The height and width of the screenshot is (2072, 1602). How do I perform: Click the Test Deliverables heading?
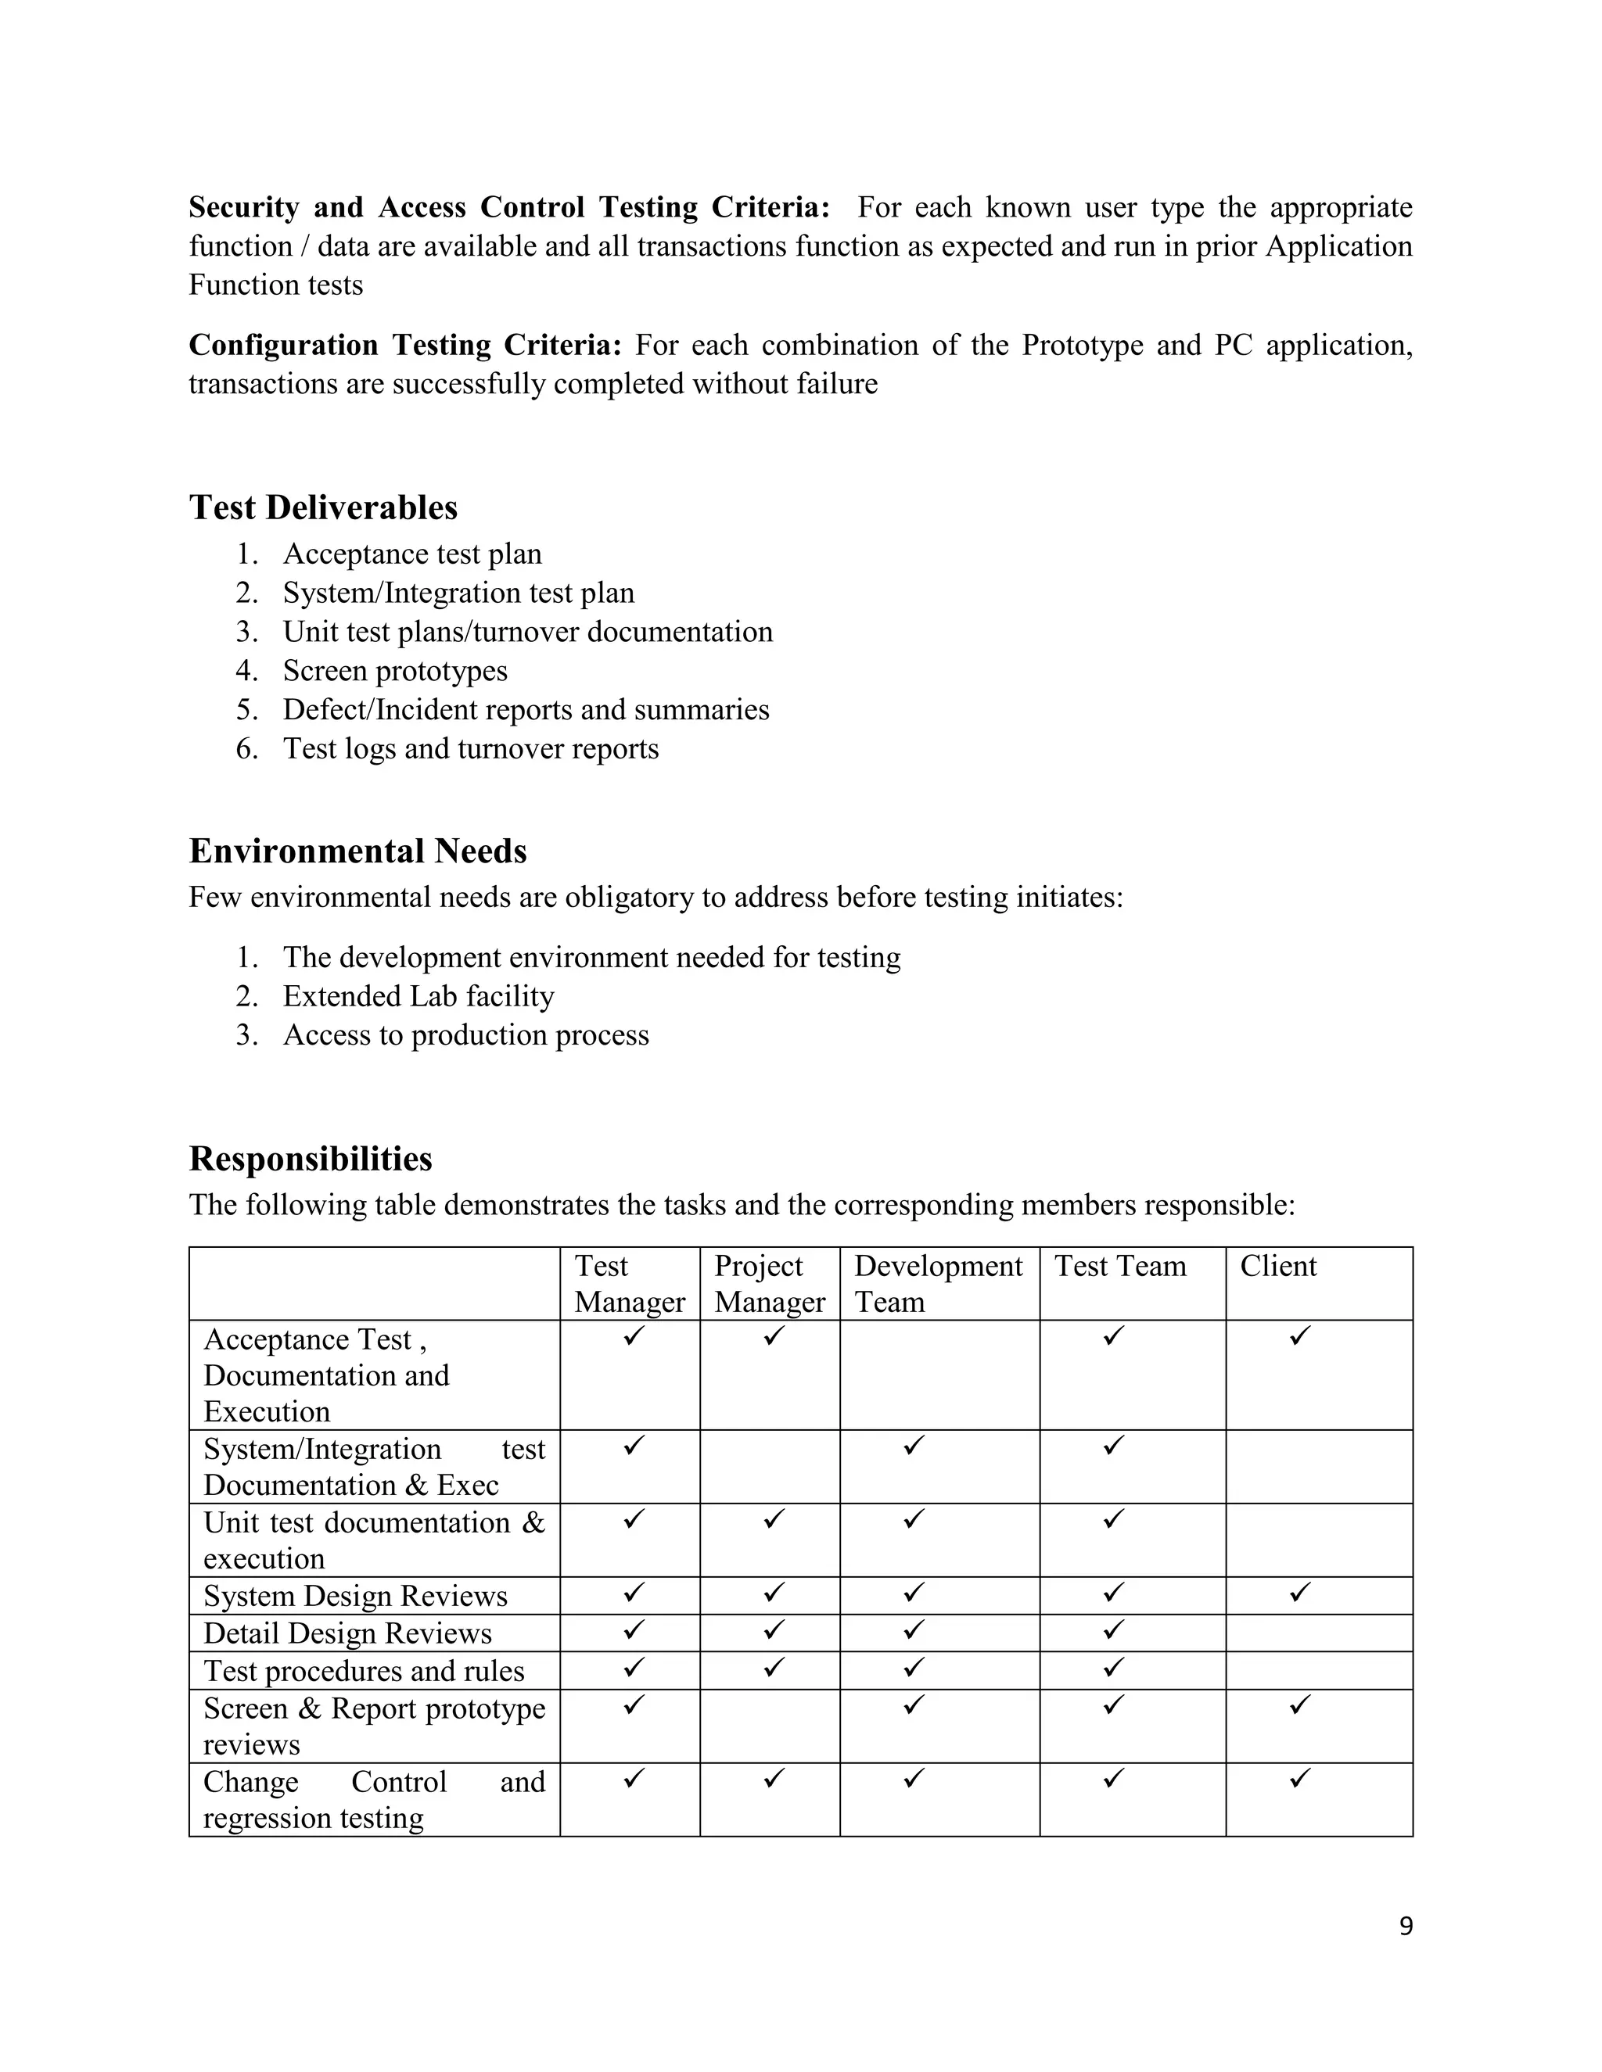pyautogui.click(x=323, y=507)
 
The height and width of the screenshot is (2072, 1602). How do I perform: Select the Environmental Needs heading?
pyautogui.click(x=357, y=851)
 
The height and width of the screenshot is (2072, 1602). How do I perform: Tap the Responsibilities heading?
pyautogui.click(x=311, y=1159)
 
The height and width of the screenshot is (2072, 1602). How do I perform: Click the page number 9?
pyautogui.click(x=1406, y=1926)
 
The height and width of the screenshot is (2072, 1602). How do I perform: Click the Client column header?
pyautogui.click(x=1277, y=1266)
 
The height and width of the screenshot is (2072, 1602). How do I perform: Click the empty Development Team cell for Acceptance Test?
pyautogui.click(x=939, y=1374)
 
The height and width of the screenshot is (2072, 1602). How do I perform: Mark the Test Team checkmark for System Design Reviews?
pyautogui.click(x=1113, y=1592)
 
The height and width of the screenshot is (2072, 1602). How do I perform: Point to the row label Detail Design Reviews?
pyautogui.click(x=347, y=1633)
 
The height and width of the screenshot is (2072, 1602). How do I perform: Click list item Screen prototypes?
pyautogui.click(x=395, y=671)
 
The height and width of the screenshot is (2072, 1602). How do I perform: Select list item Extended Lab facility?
pyautogui.click(x=418, y=996)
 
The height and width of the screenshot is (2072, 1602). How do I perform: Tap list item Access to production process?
pyautogui.click(x=465, y=1035)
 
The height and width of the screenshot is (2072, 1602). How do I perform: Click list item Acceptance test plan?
pyautogui.click(x=412, y=554)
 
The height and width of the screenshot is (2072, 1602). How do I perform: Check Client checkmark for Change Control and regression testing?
pyautogui.click(x=1299, y=1778)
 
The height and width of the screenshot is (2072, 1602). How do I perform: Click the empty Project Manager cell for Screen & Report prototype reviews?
pyautogui.click(x=769, y=1726)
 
